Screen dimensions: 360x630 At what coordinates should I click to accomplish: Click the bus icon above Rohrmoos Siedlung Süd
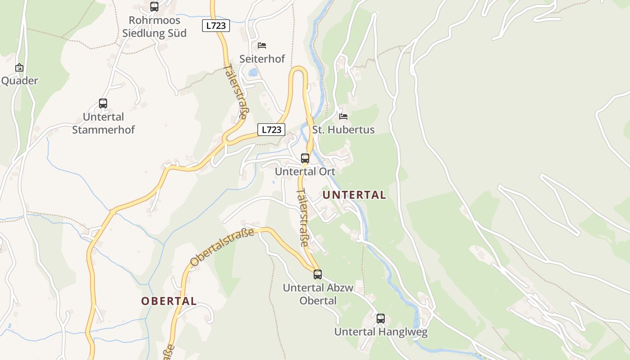coord(154,7)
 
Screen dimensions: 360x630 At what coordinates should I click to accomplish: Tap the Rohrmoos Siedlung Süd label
coord(154,27)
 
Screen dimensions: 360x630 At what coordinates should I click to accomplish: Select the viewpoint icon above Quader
coord(19,67)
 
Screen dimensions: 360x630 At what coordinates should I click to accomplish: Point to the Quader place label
coord(20,81)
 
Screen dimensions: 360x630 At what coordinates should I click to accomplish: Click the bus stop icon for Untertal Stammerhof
coord(103,103)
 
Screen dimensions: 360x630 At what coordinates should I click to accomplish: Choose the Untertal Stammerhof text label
coord(103,123)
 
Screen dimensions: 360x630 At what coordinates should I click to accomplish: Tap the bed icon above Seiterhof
coord(262,45)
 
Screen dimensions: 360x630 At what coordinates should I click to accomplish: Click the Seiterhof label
coord(262,59)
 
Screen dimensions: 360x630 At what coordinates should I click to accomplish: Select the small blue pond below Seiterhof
coord(253,72)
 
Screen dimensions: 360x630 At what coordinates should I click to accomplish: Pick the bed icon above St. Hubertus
coord(343,117)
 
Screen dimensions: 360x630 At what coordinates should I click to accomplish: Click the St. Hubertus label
coord(343,130)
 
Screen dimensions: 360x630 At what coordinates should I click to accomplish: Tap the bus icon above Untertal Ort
coord(305,158)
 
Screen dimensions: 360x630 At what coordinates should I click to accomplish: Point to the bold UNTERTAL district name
coord(354,195)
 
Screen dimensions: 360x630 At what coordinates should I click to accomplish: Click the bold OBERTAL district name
coord(169,301)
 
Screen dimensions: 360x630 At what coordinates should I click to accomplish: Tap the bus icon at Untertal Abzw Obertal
coord(318,274)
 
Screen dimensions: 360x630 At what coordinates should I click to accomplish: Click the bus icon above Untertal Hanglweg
coord(381,319)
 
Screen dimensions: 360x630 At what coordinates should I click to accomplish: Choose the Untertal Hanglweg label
coord(381,332)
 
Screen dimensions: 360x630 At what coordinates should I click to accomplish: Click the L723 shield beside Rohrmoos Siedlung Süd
coord(216,26)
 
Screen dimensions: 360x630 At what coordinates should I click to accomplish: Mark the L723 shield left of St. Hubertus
coord(271,130)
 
